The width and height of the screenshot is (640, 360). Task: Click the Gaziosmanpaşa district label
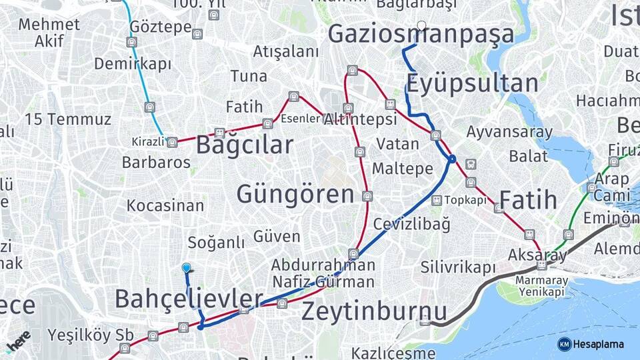tap(421, 34)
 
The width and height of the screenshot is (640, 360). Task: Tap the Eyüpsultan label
tap(472, 84)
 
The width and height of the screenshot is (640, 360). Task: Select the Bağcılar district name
tap(244, 145)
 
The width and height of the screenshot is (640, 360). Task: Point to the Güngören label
tap(295, 195)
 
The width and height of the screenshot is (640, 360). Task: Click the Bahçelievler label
tap(189, 299)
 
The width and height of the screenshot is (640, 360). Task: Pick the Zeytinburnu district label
tap(374, 311)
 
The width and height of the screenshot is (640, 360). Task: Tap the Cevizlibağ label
tap(412, 224)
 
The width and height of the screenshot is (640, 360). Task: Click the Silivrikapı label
tap(458, 267)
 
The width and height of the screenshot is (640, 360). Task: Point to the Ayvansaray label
tap(509, 132)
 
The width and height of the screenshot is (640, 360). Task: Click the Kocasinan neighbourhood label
tap(165, 205)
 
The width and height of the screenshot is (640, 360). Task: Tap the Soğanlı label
tap(216, 243)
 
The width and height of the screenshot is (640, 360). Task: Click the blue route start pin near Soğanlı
tap(187, 268)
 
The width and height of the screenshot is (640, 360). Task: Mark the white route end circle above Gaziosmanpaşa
tap(421, 26)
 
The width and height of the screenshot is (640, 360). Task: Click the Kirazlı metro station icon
tap(172, 142)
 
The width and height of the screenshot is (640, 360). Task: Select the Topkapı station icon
tap(437, 200)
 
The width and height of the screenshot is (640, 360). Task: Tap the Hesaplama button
tap(591, 344)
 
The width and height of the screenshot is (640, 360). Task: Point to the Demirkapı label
tap(133, 64)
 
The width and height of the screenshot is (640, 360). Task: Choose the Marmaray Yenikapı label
tap(542, 286)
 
